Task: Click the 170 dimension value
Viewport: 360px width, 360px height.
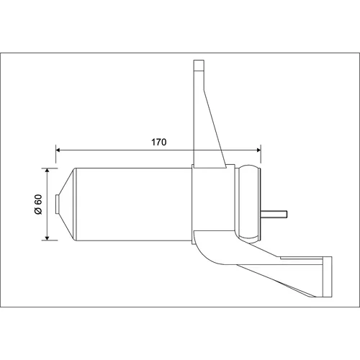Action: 158,142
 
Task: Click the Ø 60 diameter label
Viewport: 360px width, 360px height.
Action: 38,204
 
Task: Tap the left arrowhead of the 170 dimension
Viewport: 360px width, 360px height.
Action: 58,150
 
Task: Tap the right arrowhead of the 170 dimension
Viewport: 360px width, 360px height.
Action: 258,150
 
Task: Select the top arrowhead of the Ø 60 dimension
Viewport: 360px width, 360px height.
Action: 47,170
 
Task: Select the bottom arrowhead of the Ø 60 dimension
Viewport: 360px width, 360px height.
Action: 47,238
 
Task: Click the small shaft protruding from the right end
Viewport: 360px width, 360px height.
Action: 274,214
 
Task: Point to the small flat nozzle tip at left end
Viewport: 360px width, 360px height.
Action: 57,204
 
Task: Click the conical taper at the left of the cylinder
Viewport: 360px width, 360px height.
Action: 67,204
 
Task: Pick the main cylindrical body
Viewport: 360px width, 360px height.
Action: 134,204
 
